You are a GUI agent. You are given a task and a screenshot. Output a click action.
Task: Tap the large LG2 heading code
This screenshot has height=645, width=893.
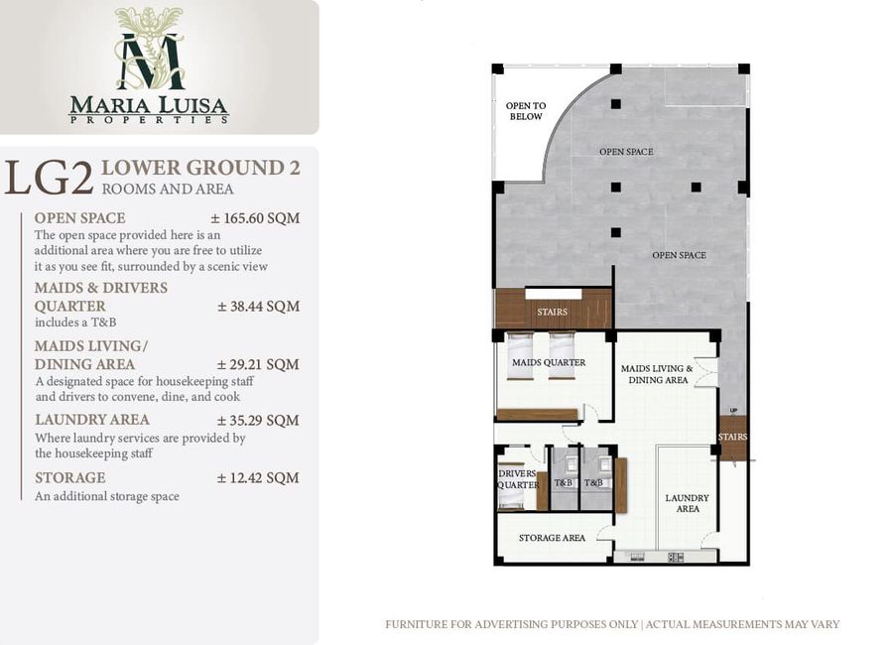coord(49,178)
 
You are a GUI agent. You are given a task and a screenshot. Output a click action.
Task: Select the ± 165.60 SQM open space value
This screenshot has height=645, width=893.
coord(255,218)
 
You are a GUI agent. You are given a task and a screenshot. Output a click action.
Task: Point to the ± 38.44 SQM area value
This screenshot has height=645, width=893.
coord(259,307)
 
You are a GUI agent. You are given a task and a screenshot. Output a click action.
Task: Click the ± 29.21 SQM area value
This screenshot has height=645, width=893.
coord(258,364)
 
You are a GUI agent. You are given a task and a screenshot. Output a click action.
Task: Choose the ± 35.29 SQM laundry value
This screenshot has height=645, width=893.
coord(258,421)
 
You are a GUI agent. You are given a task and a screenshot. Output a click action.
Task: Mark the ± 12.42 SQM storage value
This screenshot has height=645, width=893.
coord(258,478)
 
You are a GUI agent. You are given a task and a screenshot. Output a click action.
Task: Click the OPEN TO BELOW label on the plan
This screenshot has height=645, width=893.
coord(526,111)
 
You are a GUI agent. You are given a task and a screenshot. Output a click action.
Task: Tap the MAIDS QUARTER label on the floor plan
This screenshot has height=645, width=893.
coord(549,362)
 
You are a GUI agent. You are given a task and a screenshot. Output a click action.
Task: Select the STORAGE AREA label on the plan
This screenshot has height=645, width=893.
coord(552,538)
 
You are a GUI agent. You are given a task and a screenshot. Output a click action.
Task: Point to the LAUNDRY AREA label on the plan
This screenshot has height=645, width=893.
coord(688,503)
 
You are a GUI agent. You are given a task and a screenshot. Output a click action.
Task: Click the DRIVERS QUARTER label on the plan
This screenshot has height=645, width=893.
coord(518,479)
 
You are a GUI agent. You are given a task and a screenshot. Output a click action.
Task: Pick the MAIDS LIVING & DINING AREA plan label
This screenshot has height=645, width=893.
coord(657,374)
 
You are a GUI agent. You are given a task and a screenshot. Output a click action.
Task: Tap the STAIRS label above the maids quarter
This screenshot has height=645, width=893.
coord(552,313)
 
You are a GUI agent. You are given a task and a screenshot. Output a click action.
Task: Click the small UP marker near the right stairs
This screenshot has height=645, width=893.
coord(733,410)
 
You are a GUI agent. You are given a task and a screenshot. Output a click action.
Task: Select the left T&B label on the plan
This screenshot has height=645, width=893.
coord(564,483)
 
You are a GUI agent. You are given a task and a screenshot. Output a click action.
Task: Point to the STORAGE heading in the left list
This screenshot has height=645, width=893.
coord(70,478)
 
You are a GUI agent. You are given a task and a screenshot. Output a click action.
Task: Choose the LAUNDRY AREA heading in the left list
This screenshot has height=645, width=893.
coord(92,420)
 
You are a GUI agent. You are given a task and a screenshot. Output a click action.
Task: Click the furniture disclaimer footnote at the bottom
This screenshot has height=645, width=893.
coord(612,624)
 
